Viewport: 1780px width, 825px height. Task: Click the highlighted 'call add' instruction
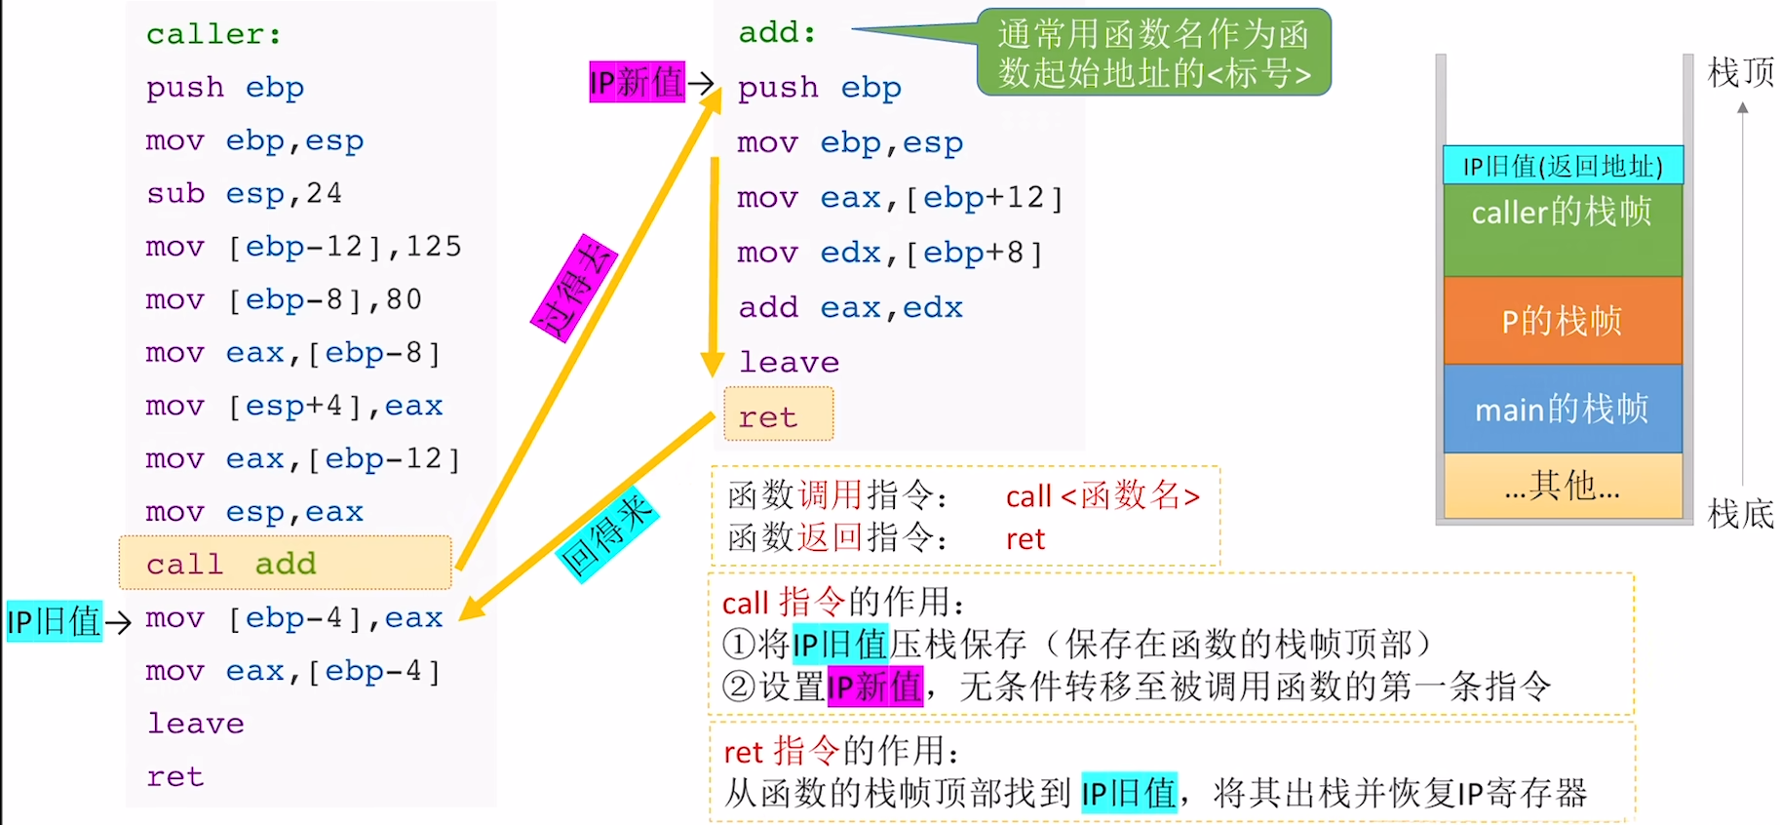285,564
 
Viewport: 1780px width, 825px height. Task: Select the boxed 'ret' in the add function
778,416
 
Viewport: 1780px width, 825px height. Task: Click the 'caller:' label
213,34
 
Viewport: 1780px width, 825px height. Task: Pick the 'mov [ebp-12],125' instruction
303,246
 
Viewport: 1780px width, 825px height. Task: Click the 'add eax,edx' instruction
850,307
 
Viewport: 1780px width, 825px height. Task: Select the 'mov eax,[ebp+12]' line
899,198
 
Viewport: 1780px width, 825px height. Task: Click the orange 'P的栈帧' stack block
1562,320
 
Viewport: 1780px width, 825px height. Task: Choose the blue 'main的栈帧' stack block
1562,409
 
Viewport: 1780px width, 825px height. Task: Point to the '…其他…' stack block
1562,485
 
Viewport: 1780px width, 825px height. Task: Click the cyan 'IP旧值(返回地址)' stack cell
1562,166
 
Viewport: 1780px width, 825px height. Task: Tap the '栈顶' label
1740,72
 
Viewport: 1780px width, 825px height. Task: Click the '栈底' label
1740,513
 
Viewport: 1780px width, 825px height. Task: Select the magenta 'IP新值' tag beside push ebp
637,82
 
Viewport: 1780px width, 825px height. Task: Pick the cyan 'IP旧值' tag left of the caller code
54,621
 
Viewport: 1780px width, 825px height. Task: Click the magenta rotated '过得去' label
573,289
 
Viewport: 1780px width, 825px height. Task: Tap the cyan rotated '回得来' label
606,534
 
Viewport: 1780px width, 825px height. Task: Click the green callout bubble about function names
1153,53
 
